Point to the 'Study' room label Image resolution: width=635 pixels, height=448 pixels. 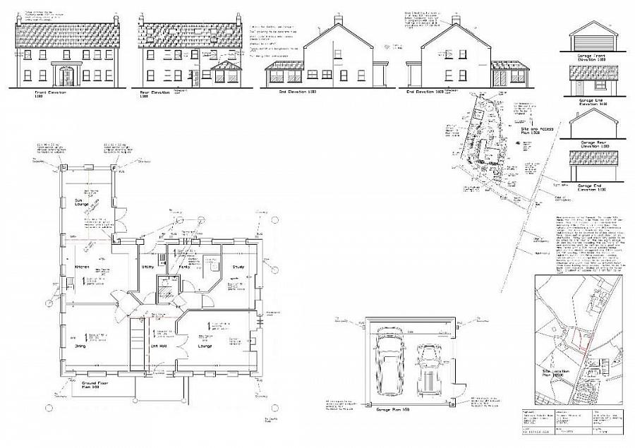(238, 267)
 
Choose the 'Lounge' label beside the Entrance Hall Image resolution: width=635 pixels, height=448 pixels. (205, 346)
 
